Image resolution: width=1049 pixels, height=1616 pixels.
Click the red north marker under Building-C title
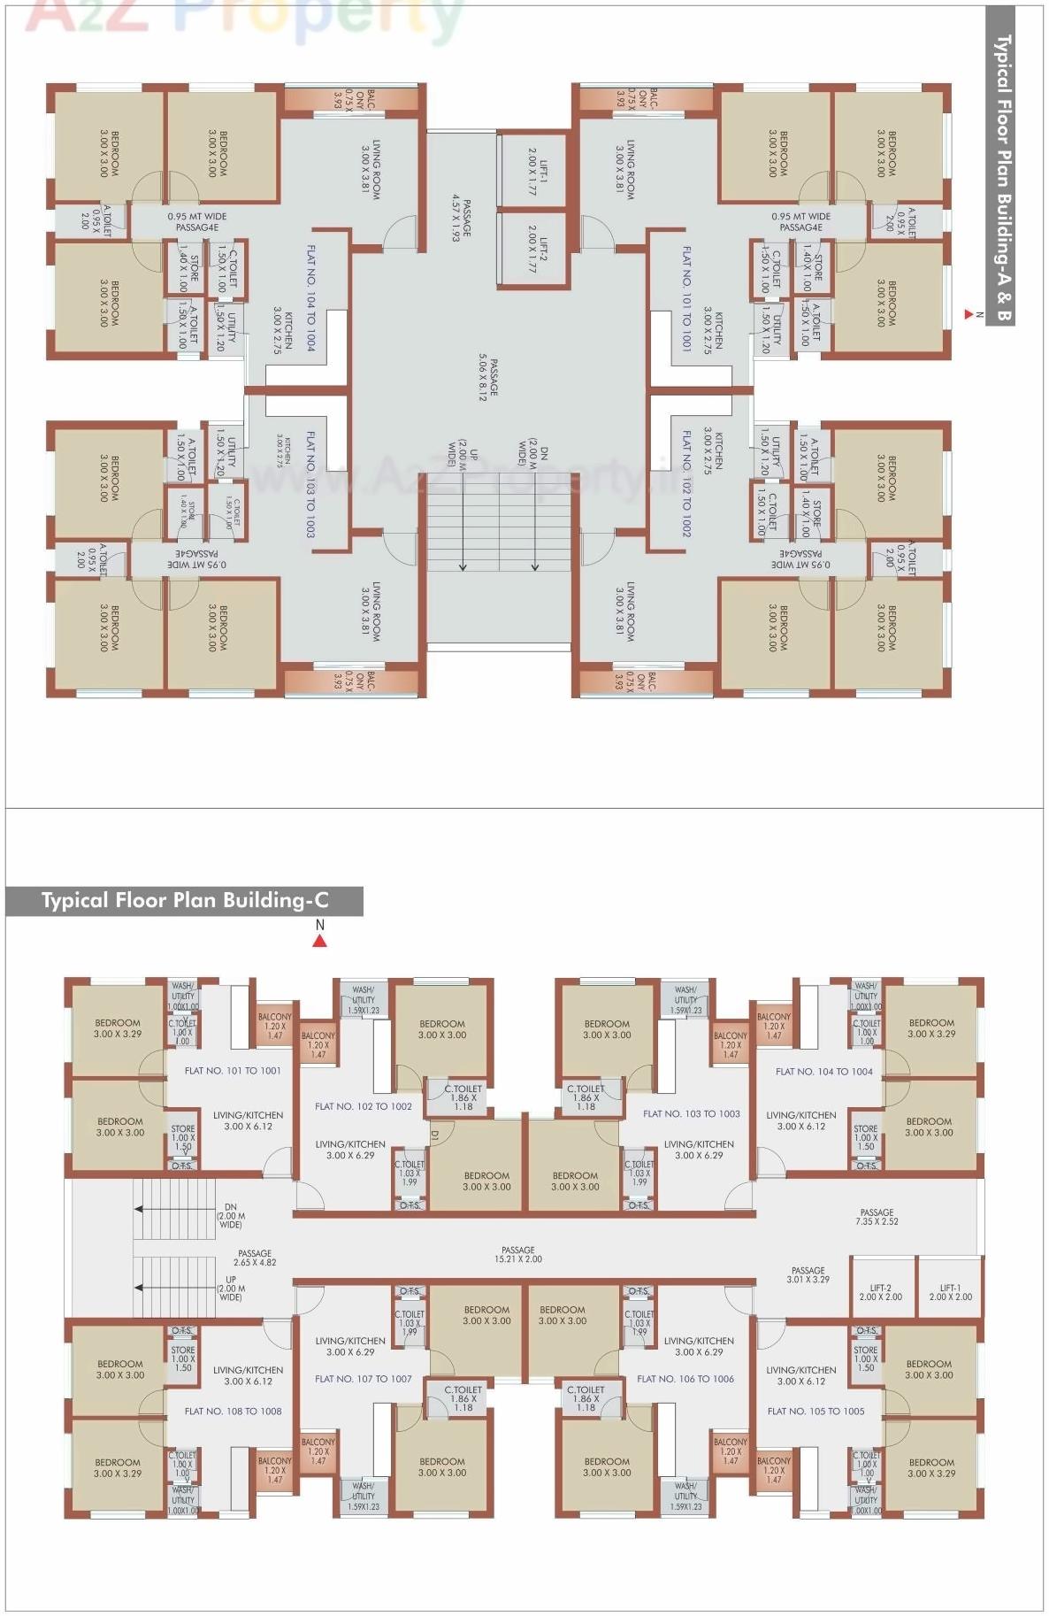(320, 941)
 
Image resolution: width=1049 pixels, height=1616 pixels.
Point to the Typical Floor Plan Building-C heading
(185, 901)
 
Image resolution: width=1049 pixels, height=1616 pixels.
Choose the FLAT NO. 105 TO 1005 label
(815, 1411)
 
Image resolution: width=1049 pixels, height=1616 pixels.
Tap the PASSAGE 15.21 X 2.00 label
(518, 1254)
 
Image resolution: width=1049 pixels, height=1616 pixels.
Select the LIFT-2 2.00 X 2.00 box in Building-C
(880, 1292)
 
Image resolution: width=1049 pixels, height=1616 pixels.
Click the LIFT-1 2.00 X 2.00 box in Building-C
(950, 1292)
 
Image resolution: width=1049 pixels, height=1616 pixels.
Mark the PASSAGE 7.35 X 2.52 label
(877, 1216)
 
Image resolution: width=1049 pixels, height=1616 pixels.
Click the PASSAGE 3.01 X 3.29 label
(808, 1274)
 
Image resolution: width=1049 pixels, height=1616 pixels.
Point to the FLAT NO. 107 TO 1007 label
(364, 1379)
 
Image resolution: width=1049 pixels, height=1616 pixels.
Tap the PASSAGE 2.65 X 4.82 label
(255, 1258)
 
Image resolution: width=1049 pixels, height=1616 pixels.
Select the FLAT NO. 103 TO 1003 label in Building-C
(692, 1113)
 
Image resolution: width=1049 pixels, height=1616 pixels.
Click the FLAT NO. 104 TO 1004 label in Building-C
(823, 1071)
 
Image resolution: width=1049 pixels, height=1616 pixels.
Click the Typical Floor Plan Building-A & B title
(1000, 177)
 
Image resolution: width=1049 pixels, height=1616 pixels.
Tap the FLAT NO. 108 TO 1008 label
(233, 1411)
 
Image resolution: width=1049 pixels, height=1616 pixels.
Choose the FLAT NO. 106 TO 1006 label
(685, 1379)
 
